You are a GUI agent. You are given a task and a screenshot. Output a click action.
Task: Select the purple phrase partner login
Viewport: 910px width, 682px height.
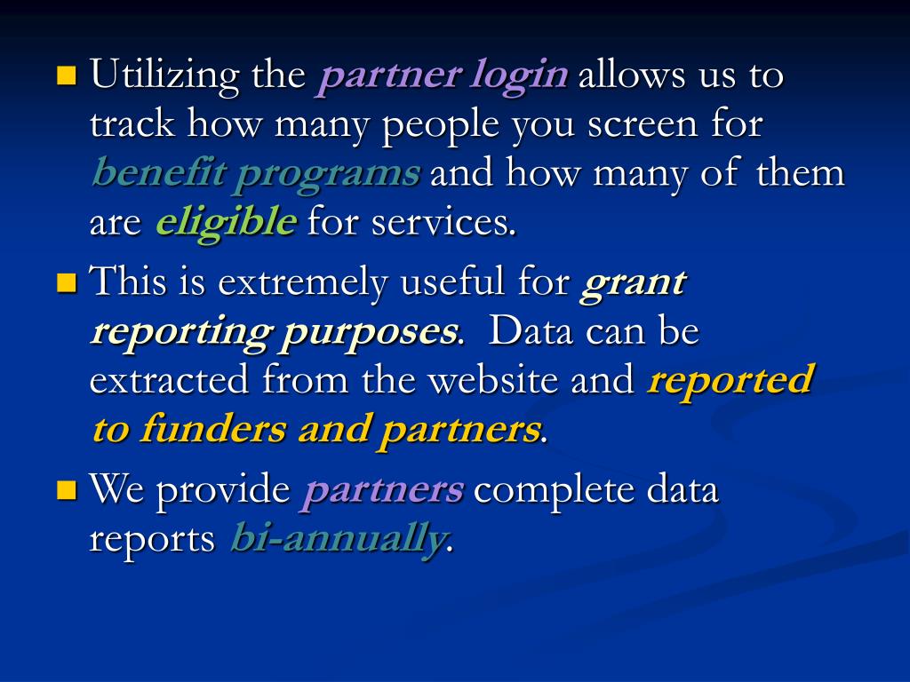pyautogui.click(x=443, y=76)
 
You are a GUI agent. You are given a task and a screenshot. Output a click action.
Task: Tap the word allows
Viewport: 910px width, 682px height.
pyautogui.click(x=631, y=76)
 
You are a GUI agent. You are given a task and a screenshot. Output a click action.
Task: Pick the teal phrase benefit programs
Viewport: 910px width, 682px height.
pyautogui.click(x=255, y=173)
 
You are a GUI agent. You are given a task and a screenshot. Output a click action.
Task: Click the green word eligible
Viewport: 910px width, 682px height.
pyautogui.click(x=225, y=222)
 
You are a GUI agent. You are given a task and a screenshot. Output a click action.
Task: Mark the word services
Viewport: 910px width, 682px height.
pyautogui.click(x=443, y=222)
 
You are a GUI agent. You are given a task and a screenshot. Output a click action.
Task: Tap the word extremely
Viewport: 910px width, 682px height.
pyautogui.click(x=304, y=283)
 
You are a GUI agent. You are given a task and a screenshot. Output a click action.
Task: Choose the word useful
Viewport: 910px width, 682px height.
pyautogui.click(x=452, y=283)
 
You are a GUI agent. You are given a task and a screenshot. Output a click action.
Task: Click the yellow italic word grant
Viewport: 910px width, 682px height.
pyautogui.click(x=633, y=283)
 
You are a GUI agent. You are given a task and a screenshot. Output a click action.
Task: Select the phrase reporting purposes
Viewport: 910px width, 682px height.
pyautogui.click(x=275, y=332)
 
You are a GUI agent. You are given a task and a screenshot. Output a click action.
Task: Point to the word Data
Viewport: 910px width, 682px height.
pyautogui.click(x=528, y=332)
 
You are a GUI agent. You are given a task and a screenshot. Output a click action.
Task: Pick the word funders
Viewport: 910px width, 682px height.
pyautogui.click(x=214, y=430)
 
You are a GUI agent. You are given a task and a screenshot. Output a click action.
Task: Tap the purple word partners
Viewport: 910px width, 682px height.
pyautogui.click(x=382, y=489)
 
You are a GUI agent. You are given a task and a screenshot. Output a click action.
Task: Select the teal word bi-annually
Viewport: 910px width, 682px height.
pyautogui.click(x=336, y=538)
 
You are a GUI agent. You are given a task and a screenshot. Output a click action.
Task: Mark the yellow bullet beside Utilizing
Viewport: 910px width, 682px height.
pyautogui.click(x=66, y=74)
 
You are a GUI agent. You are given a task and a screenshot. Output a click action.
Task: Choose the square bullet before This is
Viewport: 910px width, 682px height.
pyautogui.click(x=66, y=283)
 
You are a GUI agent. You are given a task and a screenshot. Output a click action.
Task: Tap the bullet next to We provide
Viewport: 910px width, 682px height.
pyautogui.click(x=66, y=489)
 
